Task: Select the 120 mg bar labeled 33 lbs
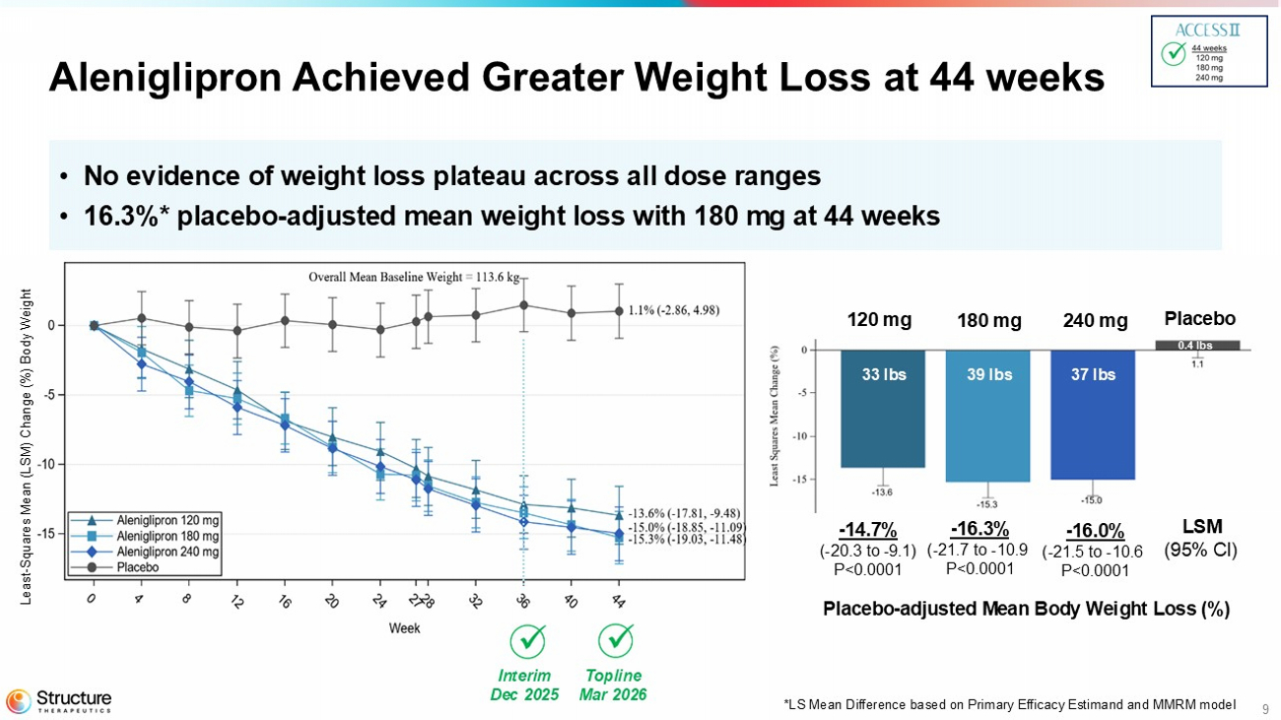[882, 409]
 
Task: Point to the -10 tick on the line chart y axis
[52, 464]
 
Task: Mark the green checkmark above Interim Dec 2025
[528, 641]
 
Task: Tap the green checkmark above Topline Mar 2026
[617, 641]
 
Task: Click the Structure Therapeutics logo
[59, 700]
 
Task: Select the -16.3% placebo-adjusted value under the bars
[979, 529]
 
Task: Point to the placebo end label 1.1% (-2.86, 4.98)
[674, 310]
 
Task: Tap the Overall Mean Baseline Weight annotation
[413, 277]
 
